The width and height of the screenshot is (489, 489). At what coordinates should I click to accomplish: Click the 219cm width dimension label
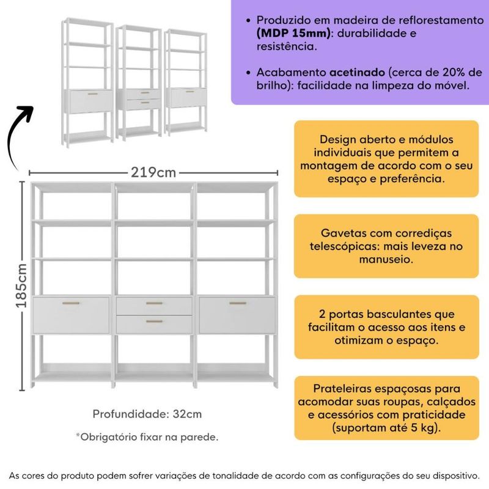153,172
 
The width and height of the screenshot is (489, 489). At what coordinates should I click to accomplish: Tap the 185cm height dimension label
21,285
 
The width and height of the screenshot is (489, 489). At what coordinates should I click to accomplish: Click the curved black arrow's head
26,112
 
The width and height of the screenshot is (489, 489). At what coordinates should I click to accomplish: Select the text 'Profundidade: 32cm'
147,414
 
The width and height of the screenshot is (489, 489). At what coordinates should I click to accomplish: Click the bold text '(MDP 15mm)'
293,34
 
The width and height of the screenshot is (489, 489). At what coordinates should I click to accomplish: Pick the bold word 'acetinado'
357,72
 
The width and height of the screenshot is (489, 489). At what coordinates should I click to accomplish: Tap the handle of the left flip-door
71,303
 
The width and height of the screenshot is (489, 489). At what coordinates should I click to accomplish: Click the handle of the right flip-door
238,303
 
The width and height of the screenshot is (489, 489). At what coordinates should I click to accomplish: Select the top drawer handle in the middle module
155,303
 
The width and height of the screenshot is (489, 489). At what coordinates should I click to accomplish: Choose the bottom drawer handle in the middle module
155,322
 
